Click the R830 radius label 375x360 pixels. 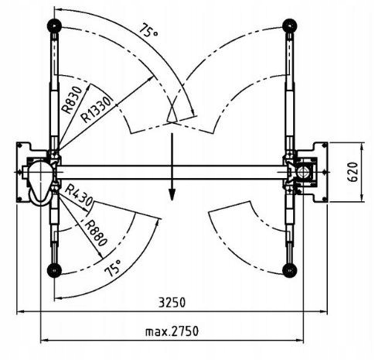click(x=73, y=100)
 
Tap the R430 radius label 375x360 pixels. click(x=79, y=195)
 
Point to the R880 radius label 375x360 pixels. click(x=95, y=233)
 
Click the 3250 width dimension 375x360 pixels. click(x=172, y=303)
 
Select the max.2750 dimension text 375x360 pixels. click(x=172, y=331)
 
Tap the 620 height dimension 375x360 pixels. click(x=353, y=172)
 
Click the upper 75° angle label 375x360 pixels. click(x=148, y=31)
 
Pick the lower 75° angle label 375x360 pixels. click(x=114, y=268)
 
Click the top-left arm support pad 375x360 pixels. click(x=54, y=26)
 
